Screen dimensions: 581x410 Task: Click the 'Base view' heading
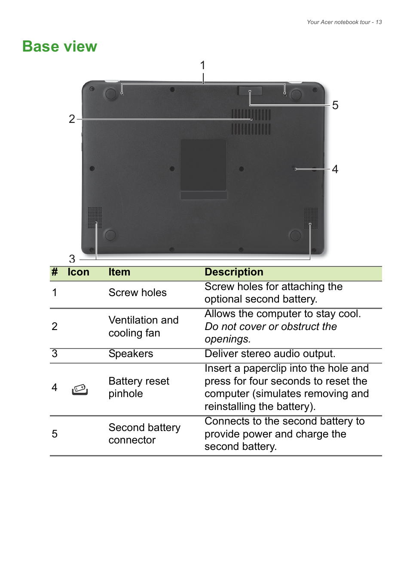60,46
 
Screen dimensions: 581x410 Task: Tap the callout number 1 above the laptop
203,65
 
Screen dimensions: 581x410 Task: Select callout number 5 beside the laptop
335,105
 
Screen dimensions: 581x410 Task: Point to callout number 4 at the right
335,169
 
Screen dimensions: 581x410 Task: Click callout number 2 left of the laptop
72,119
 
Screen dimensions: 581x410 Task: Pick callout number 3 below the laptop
72,259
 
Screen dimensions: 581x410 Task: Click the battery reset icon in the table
80,389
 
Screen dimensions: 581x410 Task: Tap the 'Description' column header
234,272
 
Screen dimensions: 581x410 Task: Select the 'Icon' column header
78,272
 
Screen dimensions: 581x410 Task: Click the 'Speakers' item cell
131,354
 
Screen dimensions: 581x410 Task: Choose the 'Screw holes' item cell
137,293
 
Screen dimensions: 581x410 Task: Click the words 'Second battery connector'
144,434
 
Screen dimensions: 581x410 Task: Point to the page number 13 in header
379,22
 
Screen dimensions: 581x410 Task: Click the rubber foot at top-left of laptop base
111,94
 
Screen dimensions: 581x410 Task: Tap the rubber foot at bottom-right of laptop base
295,235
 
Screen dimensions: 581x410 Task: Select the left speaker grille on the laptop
95,217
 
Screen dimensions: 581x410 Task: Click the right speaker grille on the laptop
311,218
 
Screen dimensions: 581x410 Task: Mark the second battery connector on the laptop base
250,91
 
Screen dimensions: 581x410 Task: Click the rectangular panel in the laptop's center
203,165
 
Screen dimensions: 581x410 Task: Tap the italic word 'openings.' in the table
227,339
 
